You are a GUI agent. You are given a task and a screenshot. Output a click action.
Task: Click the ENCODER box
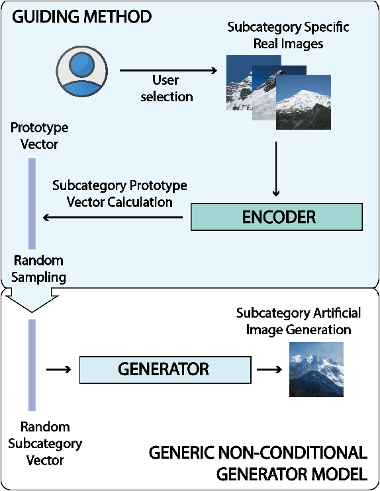click(276, 217)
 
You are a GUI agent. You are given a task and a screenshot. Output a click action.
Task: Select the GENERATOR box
click(165, 369)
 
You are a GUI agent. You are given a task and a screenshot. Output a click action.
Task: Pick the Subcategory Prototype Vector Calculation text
click(120, 193)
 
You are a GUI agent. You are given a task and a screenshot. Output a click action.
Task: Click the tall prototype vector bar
click(32, 203)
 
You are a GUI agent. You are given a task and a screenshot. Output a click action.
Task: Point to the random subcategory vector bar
click(32, 365)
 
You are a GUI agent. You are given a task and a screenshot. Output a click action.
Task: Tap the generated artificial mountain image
click(316, 369)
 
